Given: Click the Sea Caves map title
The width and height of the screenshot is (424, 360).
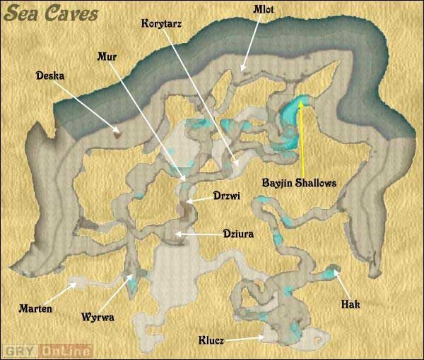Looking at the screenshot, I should click(x=50, y=15).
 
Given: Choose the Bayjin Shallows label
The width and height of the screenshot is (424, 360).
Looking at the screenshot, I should click(x=300, y=181).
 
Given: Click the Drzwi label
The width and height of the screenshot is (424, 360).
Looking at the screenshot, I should click(x=227, y=198).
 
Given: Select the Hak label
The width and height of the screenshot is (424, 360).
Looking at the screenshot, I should click(x=351, y=304).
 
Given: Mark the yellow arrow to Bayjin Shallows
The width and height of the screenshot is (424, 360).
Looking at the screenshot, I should click(x=302, y=138).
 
